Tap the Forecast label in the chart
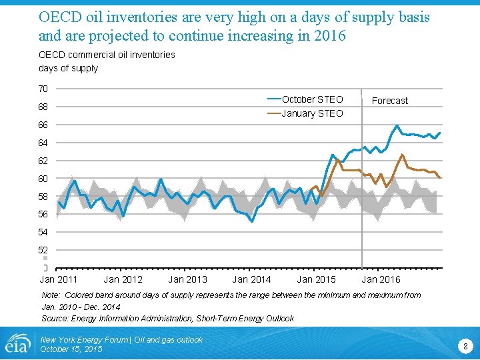click(389, 101)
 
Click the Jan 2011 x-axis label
click(59, 279)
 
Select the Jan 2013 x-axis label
click(187, 279)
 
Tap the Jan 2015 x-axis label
click(316, 279)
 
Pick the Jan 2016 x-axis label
click(381, 279)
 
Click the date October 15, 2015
click(71, 349)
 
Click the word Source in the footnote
click(55, 318)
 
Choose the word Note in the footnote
click(51, 295)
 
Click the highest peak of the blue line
click(397, 125)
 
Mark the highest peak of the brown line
click(402, 155)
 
